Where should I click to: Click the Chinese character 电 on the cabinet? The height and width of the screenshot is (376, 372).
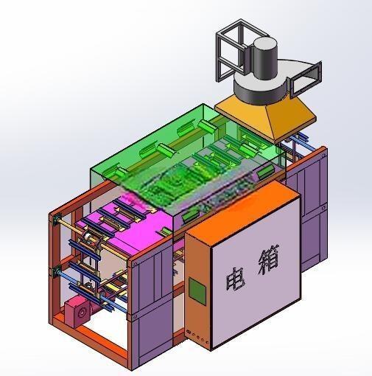235,279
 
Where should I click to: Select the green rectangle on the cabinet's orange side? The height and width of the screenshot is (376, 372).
197,292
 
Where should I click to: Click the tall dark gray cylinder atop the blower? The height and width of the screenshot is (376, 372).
265,58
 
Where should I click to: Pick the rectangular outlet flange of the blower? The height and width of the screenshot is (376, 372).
306,79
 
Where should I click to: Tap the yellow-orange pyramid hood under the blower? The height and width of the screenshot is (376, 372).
265,118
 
